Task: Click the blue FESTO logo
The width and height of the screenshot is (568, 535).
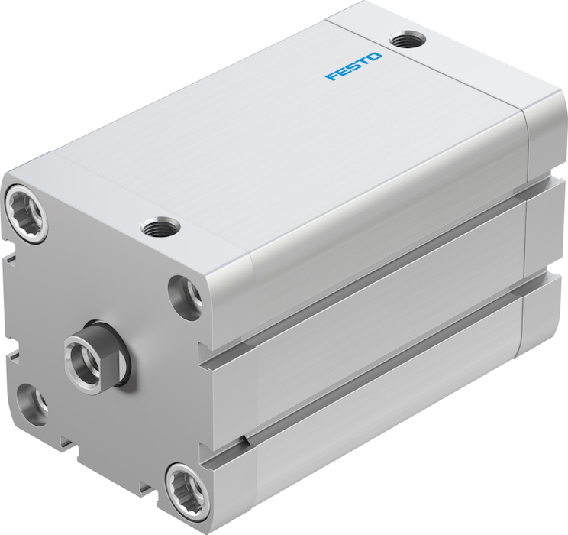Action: [353, 66]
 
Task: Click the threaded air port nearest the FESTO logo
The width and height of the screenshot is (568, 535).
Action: [408, 39]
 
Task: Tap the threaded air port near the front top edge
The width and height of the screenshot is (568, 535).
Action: [160, 229]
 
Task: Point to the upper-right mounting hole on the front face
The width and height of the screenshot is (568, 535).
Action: [186, 297]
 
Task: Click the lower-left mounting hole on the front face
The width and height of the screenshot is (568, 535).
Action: [32, 404]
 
